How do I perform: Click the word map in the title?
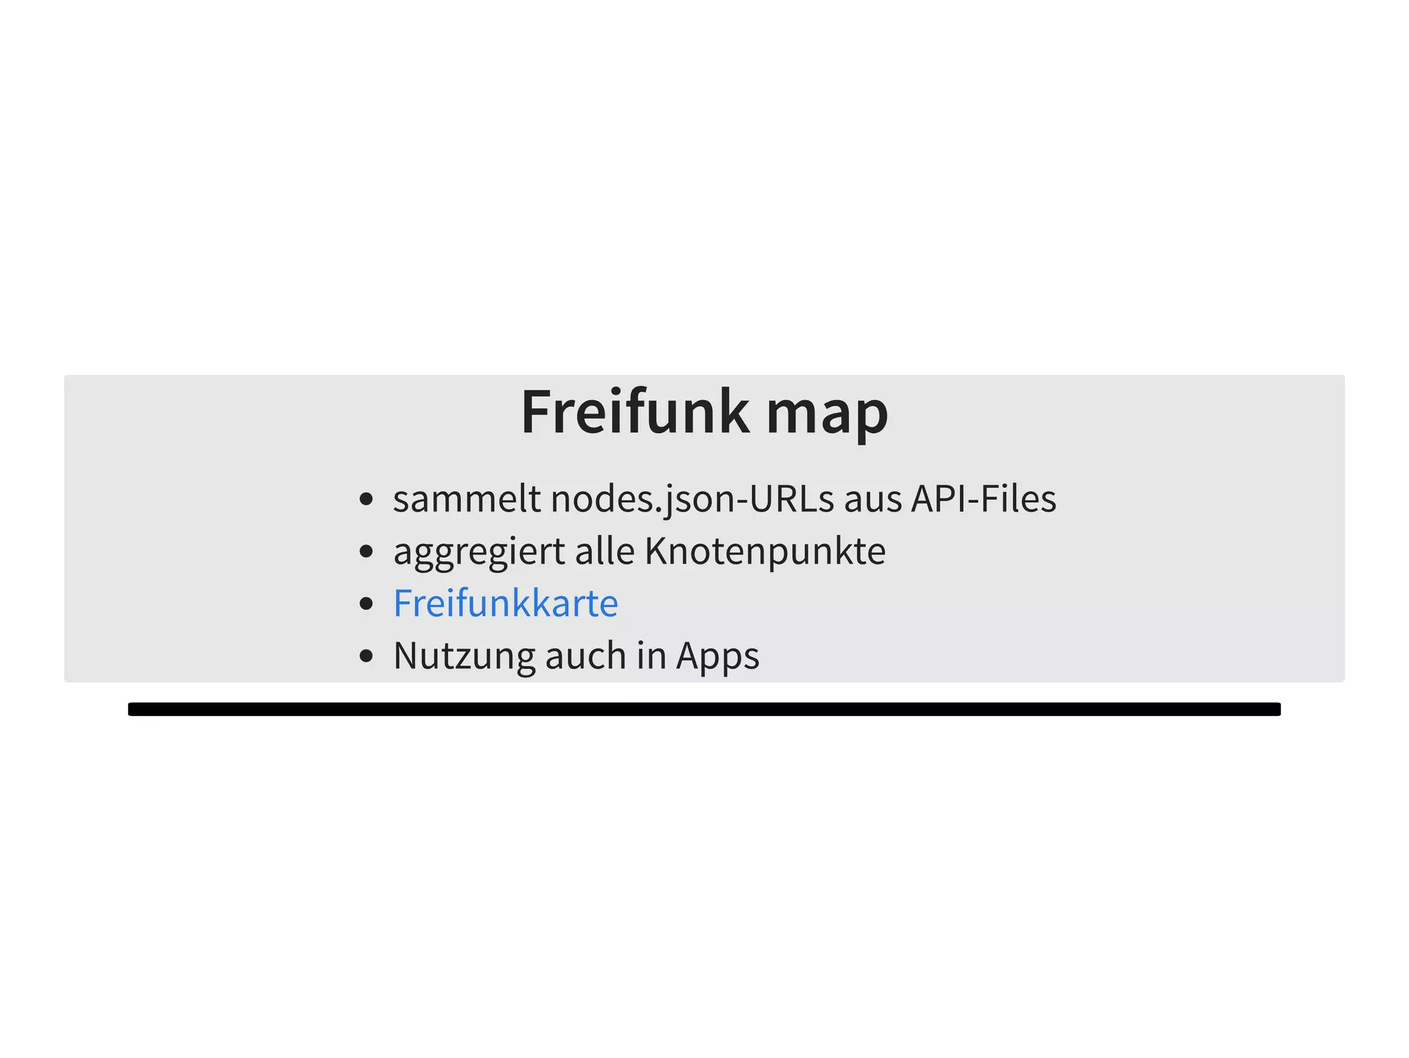coord(828,417)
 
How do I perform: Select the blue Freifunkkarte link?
coord(506,603)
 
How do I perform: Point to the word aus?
coord(873,502)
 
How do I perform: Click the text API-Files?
coord(984,498)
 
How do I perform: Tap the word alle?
coord(605,551)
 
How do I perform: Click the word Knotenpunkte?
coord(766,553)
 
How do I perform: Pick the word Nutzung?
coord(464,657)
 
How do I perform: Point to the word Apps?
coord(718,657)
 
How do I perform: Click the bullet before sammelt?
coord(367,499)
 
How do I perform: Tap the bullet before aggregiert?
coord(367,551)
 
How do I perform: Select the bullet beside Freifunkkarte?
coord(367,604)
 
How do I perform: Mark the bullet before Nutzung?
coord(367,656)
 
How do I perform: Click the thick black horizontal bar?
coord(704,709)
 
